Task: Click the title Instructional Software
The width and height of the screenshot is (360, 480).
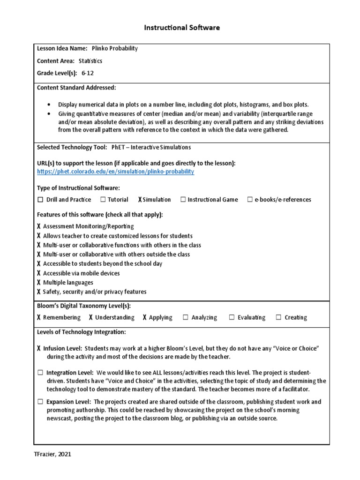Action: click(181, 28)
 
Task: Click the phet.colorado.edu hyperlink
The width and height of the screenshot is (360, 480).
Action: click(115, 172)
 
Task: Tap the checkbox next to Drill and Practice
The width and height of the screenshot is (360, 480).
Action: click(40, 200)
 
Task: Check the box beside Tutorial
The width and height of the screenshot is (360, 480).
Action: click(103, 200)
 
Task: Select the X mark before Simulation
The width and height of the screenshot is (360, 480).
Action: click(140, 200)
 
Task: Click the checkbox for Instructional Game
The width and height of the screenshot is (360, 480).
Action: click(183, 200)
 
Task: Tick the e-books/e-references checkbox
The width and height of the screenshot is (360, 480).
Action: click(250, 200)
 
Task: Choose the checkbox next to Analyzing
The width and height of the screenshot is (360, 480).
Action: click(186, 317)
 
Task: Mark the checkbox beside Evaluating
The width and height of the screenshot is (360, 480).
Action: click(232, 317)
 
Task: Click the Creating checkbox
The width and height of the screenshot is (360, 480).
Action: click(279, 317)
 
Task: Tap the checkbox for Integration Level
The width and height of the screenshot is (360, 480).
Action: click(40, 372)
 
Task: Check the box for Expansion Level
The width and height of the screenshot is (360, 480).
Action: click(40, 402)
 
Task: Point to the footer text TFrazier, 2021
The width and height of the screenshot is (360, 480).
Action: click(52, 454)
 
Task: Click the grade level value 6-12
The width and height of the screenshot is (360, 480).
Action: click(88, 73)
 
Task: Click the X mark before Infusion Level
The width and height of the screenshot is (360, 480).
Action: click(38, 349)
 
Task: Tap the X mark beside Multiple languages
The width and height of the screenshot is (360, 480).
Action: click(38, 283)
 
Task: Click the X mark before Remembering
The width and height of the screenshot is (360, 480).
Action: click(38, 317)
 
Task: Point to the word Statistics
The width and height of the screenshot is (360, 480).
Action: click(90, 61)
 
